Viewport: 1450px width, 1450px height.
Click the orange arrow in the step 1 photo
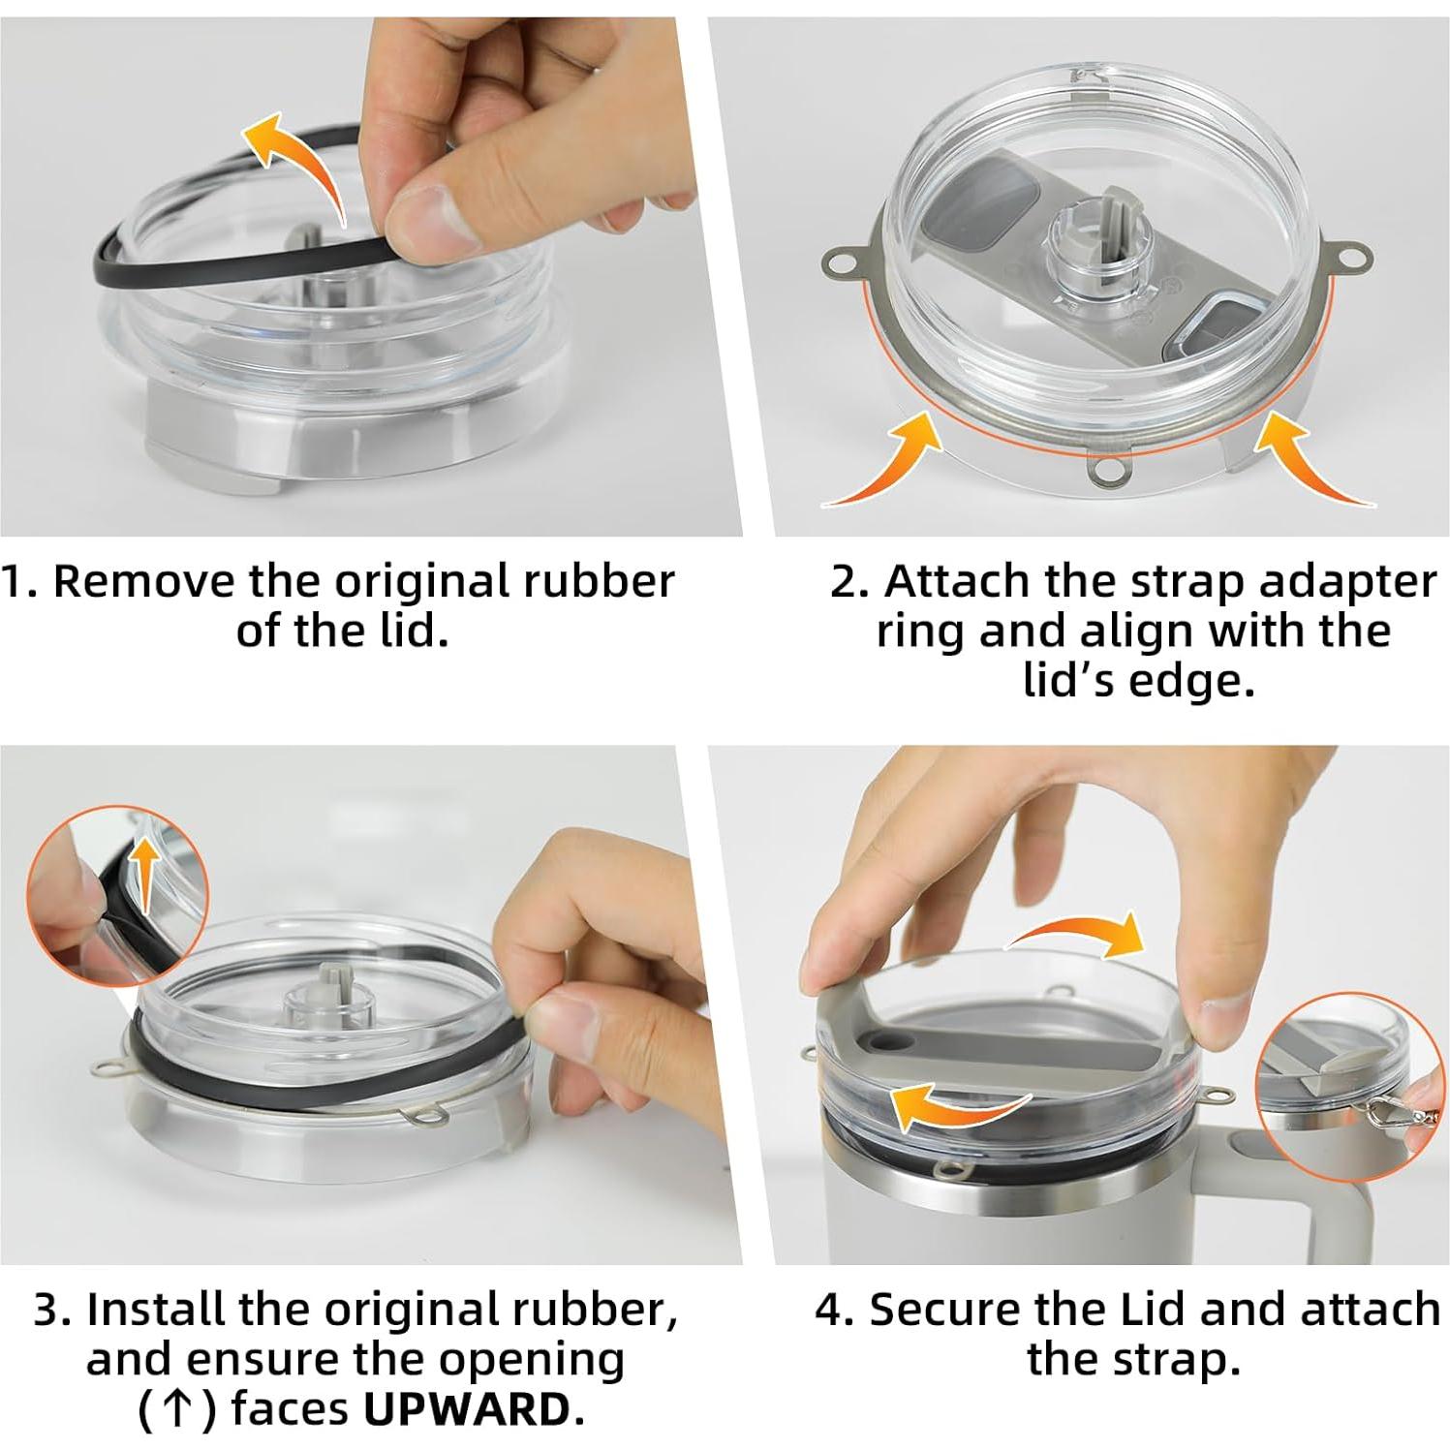click(x=293, y=157)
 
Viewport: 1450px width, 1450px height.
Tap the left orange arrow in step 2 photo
click(x=891, y=463)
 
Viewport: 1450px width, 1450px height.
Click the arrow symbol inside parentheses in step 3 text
click(x=175, y=1409)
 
